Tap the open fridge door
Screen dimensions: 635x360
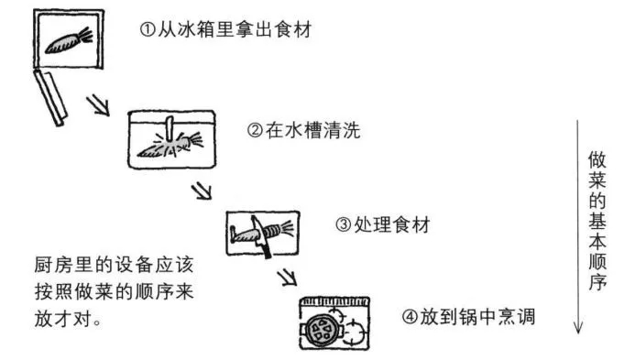coord(49,96)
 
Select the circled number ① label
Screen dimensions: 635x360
coord(148,29)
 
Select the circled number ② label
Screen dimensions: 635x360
coord(256,131)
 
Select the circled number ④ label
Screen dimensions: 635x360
coord(409,318)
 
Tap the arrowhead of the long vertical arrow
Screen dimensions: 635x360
coord(578,329)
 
